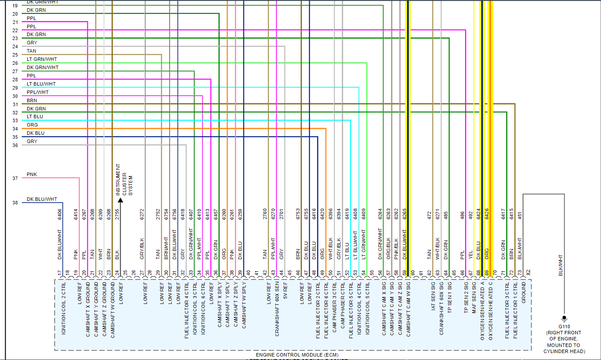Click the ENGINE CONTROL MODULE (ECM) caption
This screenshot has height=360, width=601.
(x=293, y=355)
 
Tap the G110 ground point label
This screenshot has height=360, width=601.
(x=564, y=327)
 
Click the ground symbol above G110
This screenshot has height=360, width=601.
(x=564, y=319)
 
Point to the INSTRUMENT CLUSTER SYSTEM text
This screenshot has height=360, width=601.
(x=124, y=179)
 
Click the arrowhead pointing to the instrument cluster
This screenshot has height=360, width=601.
(x=120, y=201)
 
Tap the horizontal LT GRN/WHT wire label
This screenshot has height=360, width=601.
(x=42, y=59)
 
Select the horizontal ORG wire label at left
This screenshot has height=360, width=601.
(x=32, y=125)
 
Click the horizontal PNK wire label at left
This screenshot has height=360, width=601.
(x=32, y=175)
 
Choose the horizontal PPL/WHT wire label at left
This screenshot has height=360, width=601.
(x=37, y=92)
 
